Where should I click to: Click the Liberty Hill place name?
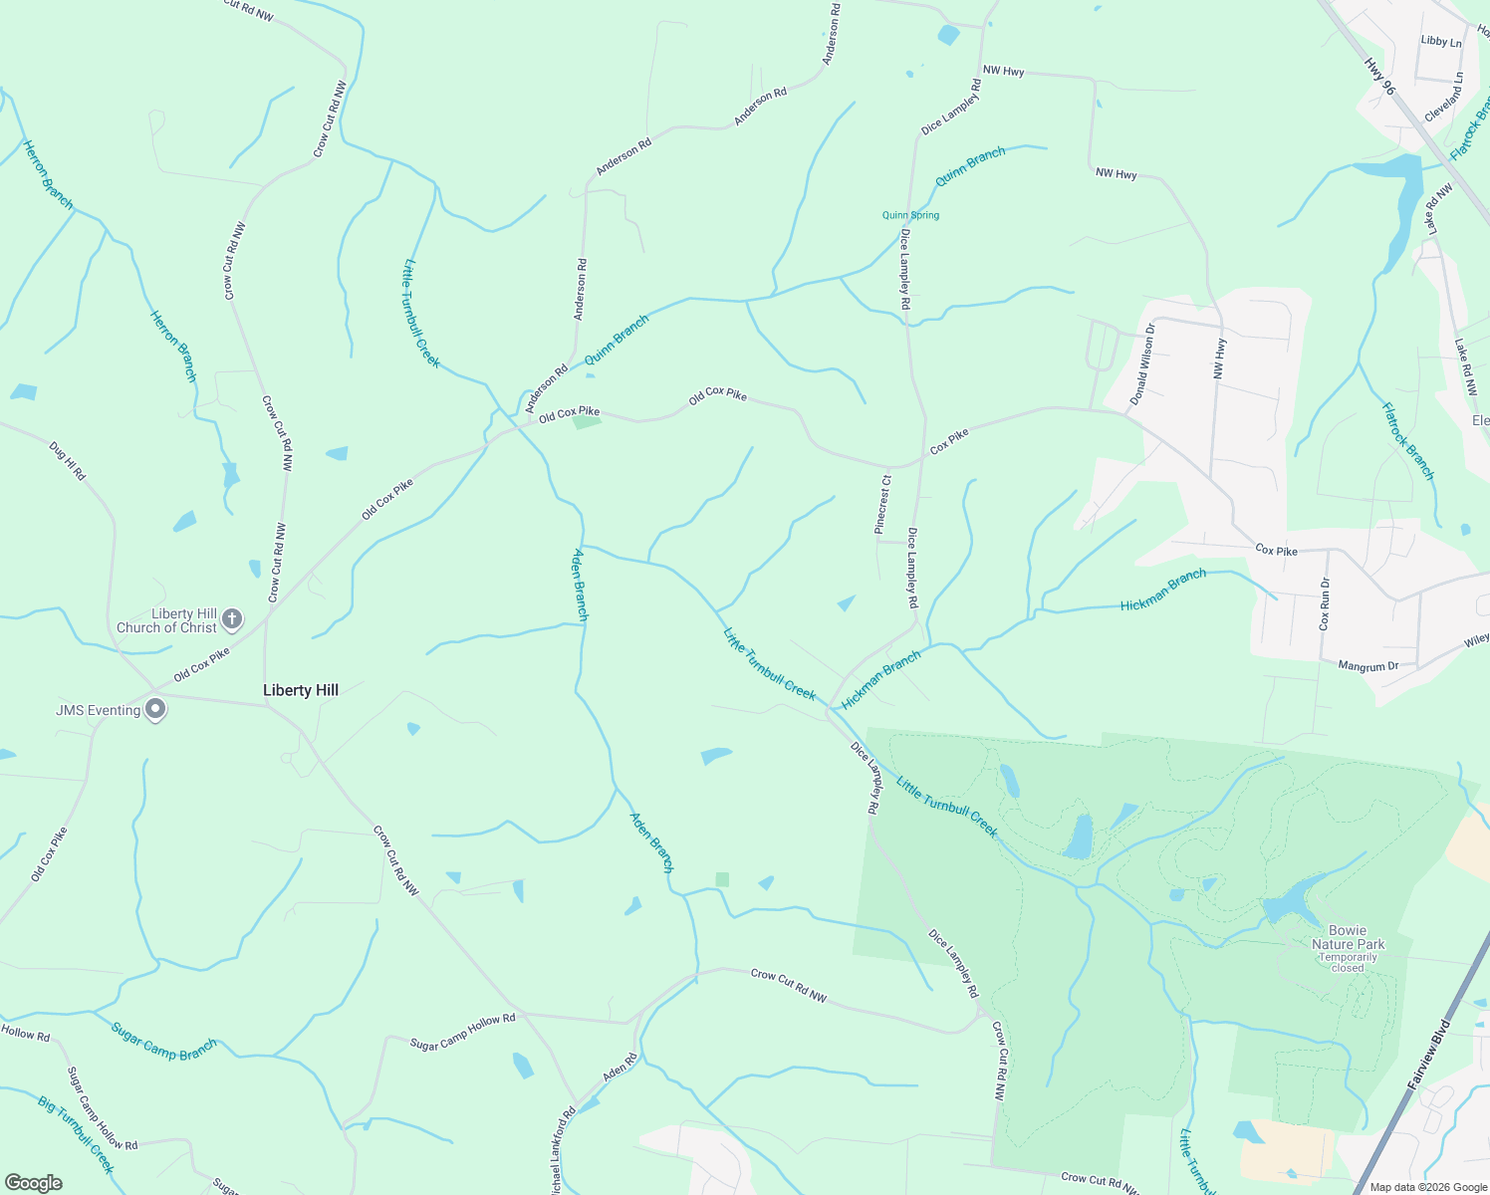301,690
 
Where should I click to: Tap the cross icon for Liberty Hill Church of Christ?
231,619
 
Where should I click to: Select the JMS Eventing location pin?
155,709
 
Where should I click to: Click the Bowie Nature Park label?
1348,937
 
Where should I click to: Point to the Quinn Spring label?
910,215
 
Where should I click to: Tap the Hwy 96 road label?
1380,76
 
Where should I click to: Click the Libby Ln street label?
1441,42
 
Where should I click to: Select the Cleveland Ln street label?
1444,97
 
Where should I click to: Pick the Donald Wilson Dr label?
1142,363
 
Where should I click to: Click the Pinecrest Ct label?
882,504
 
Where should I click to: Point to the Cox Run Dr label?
1324,603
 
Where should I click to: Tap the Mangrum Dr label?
1368,666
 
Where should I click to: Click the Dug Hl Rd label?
68,461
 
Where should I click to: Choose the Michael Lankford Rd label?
563,1150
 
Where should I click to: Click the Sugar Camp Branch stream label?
164,1042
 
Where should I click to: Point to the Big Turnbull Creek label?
77,1134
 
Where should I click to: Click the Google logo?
34,1183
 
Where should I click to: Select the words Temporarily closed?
1348,962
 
